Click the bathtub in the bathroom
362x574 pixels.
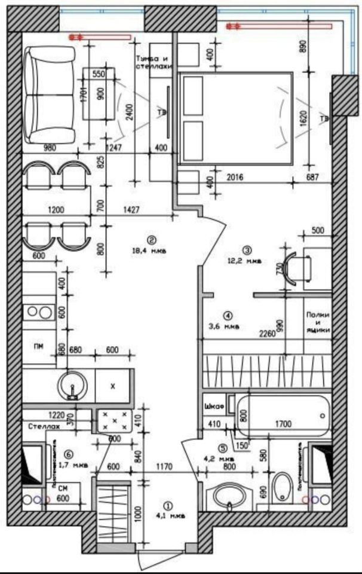point(284,416)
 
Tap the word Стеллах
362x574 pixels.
point(44,427)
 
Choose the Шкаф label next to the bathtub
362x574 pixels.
point(213,407)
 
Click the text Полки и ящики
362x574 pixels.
point(317,323)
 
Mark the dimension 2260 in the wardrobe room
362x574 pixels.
point(266,335)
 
